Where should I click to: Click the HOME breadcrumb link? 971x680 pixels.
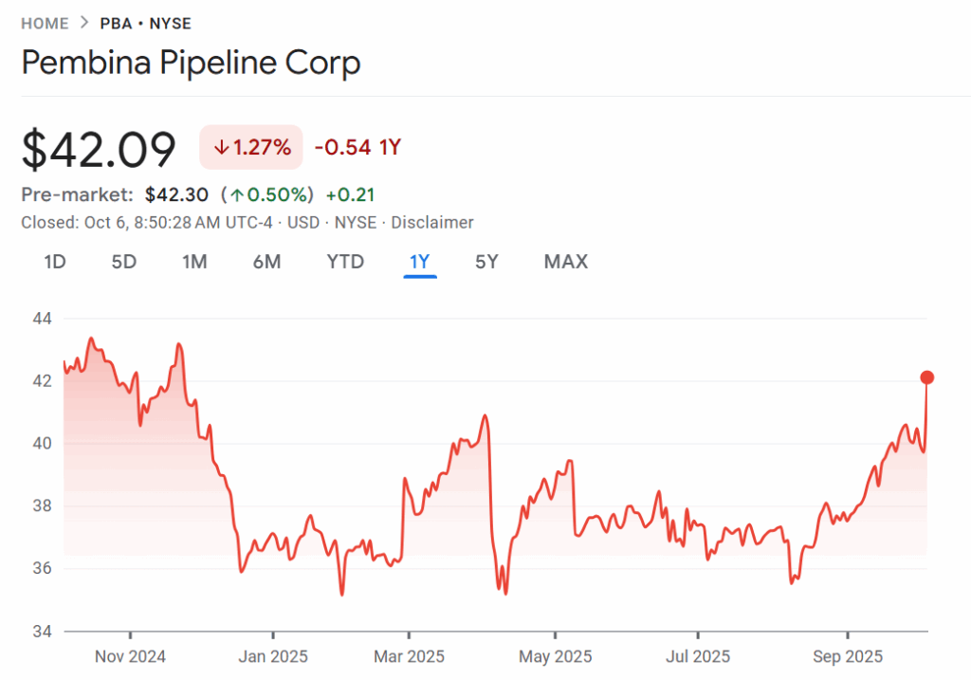pos(45,24)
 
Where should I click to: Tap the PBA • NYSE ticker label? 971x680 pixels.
pos(144,24)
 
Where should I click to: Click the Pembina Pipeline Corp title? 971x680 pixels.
pos(191,64)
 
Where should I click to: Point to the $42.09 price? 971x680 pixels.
pos(100,149)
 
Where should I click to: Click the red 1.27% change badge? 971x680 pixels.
pos(251,147)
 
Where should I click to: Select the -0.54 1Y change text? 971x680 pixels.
pos(358,147)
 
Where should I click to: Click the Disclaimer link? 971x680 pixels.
pos(432,223)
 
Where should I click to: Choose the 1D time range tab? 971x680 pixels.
pos(55,262)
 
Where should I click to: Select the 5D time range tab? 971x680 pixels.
pos(124,262)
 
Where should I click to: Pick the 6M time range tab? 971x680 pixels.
pos(266,262)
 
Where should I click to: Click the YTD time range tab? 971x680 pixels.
pos(345,262)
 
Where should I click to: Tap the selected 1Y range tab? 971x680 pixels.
pos(420,262)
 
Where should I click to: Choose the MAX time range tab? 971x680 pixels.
pos(566,262)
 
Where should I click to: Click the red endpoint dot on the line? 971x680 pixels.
pos(927,377)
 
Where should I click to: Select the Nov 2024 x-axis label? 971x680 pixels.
pos(131,656)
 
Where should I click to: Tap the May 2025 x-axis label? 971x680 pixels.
pos(555,656)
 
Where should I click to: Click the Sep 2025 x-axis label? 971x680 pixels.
pos(848,656)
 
